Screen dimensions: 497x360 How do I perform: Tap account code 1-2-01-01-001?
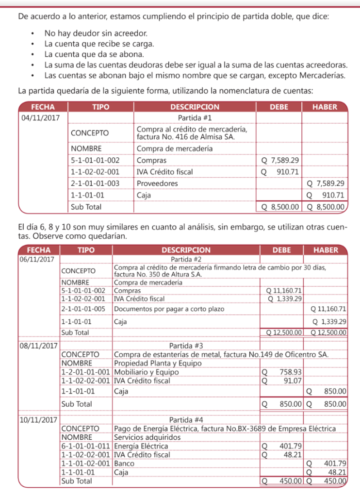(85, 372)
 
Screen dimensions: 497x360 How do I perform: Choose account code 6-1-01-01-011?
(85, 446)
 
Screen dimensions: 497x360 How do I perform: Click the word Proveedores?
(157, 183)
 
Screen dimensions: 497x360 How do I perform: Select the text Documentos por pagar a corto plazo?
(166, 309)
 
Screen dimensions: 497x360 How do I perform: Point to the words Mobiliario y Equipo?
(146, 372)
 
